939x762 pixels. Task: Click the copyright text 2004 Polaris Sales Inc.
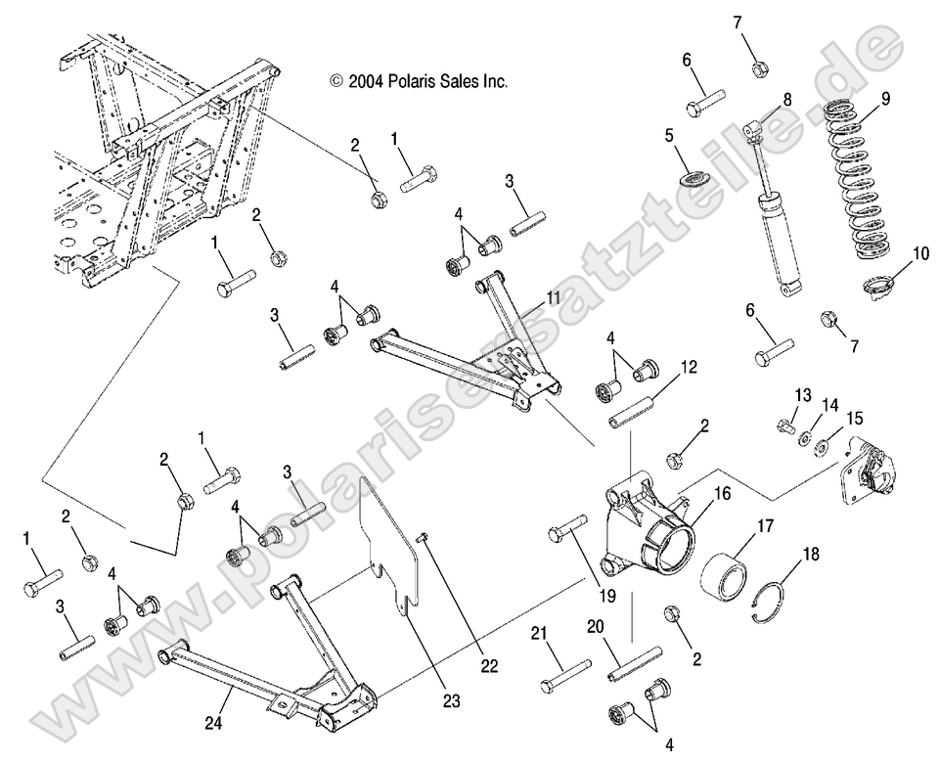pyautogui.click(x=419, y=82)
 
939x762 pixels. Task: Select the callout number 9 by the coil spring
pyautogui.click(x=885, y=98)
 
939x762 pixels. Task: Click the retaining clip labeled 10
pyautogui.click(x=881, y=287)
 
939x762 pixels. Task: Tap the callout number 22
pyautogui.click(x=488, y=666)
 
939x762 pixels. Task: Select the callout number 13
pyautogui.click(x=803, y=394)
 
